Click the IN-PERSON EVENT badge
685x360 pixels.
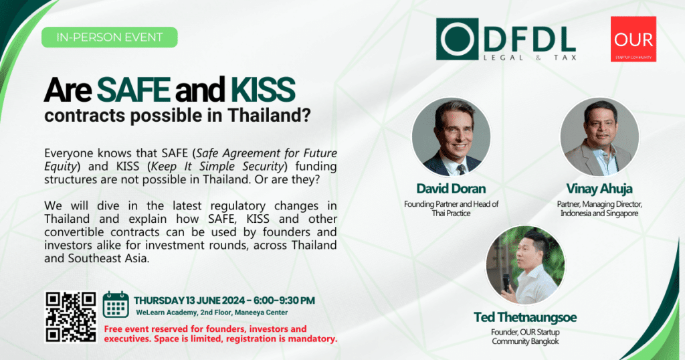(x=109, y=37)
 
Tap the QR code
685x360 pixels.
(x=71, y=317)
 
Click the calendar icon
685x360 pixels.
(x=116, y=304)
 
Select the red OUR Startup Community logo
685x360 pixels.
(x=633, y=39)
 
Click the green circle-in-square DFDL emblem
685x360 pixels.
(x=457, y=39)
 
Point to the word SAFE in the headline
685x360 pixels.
(x=133, y=90)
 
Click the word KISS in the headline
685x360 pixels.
(x=263, y=90)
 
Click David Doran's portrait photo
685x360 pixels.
(x=452, y=137)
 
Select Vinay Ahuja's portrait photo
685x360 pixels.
(x=599, y=137)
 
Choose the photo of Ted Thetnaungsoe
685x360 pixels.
(x=525, y=265)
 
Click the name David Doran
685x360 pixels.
(x=451, y=189)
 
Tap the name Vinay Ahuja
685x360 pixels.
(x=599, y=189)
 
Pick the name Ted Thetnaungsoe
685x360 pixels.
(x=525, y=317)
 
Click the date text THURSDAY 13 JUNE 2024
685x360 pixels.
(x=190, y=300)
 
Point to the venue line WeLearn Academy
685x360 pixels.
(x=212, y=312)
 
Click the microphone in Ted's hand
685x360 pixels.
(x=506, y=282)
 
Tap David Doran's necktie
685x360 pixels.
(x=460, y=169)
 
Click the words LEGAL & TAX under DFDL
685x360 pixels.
(x=530, y=58)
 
